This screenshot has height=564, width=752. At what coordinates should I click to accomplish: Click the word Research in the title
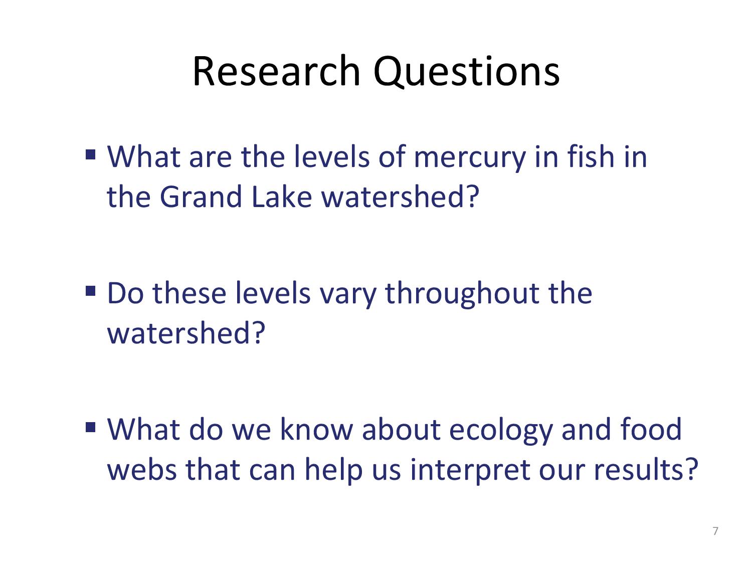[x=276, y=71]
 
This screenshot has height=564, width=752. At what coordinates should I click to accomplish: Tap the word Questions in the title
[x=467, y=72]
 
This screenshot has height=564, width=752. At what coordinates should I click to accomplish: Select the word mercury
[x=469, y=158]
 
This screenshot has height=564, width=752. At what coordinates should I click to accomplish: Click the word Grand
[x=201, y=197]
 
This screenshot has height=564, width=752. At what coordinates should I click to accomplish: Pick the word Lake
[x=282, y=197]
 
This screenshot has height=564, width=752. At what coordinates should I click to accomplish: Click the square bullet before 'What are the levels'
[x=90, y=154]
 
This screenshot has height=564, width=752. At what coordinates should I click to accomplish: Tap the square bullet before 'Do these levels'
[x=90, y=291]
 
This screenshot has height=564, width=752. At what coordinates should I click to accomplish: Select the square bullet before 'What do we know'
[x=90, y=427]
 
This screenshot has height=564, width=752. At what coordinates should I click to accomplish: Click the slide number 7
[x=715, y=530]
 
